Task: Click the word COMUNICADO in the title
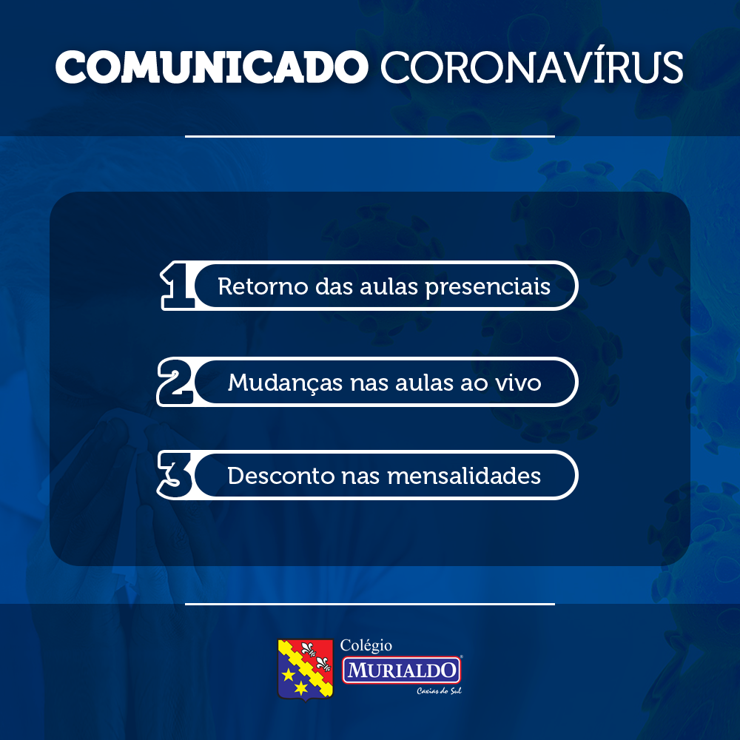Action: point(212,67)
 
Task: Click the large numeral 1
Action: point(177,286)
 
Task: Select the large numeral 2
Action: point(175,382)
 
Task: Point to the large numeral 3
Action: point(175,475)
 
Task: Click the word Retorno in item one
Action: point(263,286)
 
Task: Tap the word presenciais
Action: point(488,287)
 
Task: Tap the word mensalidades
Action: point(464,476)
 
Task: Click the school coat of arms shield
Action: point(306,669)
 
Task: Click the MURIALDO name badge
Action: point(401,670)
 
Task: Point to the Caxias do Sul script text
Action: point(439,691)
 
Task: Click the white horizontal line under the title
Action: point(370,136)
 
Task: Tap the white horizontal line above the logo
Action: point(370,604)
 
